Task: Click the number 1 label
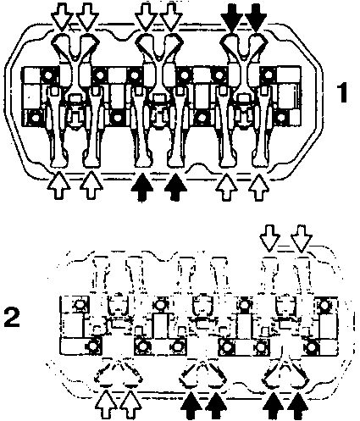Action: [x=343, y=93]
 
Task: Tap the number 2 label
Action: [x=12, y=317]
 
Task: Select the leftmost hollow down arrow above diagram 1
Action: [x=63, y=16]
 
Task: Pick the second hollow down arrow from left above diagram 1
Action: [x=87, y=16]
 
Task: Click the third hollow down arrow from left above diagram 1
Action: [x=146, y=16]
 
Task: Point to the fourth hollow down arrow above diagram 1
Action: [x=170, y=16]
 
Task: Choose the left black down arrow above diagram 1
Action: [x=231, y=16]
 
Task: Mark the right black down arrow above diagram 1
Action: [x=256, y=16]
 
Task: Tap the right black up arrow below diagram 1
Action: [x=175, y=187]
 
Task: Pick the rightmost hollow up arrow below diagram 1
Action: [x=258, y=187]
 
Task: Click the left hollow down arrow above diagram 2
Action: [x=269, y=238]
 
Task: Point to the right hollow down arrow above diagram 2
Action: [x=302, y=238]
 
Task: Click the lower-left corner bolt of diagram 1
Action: [x=35, y=117]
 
